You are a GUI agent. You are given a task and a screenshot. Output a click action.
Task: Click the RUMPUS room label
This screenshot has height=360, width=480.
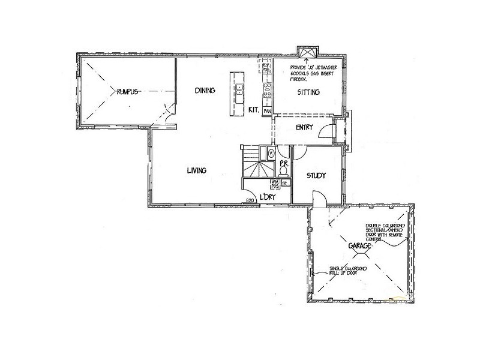point(128,92)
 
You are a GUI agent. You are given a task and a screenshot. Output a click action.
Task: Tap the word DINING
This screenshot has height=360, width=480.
point(205,91)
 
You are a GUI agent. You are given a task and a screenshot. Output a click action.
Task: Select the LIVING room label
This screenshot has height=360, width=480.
point(196,170)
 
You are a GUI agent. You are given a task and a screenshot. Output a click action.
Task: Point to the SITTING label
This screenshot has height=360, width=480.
point(309,92)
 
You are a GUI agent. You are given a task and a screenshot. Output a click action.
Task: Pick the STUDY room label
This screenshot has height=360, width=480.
point(316,176)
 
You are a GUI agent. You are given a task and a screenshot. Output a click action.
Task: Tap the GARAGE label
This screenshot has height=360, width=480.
point(358,247)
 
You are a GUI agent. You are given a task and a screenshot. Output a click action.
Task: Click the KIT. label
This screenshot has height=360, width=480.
point(254,110)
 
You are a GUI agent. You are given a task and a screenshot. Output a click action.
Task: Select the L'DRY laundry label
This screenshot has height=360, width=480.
point(268,198)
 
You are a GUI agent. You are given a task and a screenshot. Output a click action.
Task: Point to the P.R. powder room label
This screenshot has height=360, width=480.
point(284,162)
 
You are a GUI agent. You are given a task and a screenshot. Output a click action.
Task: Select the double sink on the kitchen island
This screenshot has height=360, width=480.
point(239,89)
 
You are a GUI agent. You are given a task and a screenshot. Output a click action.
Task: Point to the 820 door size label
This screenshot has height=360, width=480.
point(250,200)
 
